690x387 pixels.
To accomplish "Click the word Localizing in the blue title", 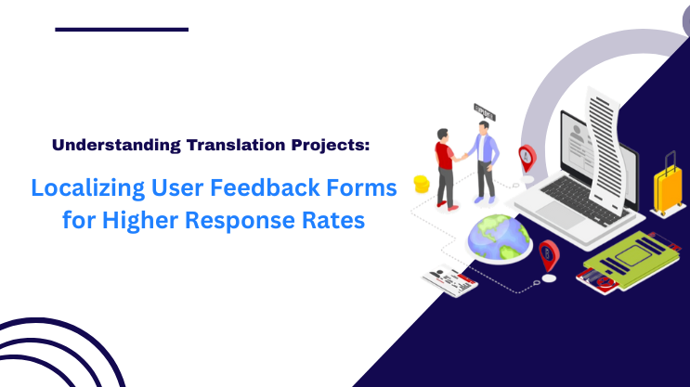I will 86,188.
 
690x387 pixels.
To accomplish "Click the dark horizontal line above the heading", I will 122,30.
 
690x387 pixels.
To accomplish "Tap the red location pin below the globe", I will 549,254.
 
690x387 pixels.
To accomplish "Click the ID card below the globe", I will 449,279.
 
